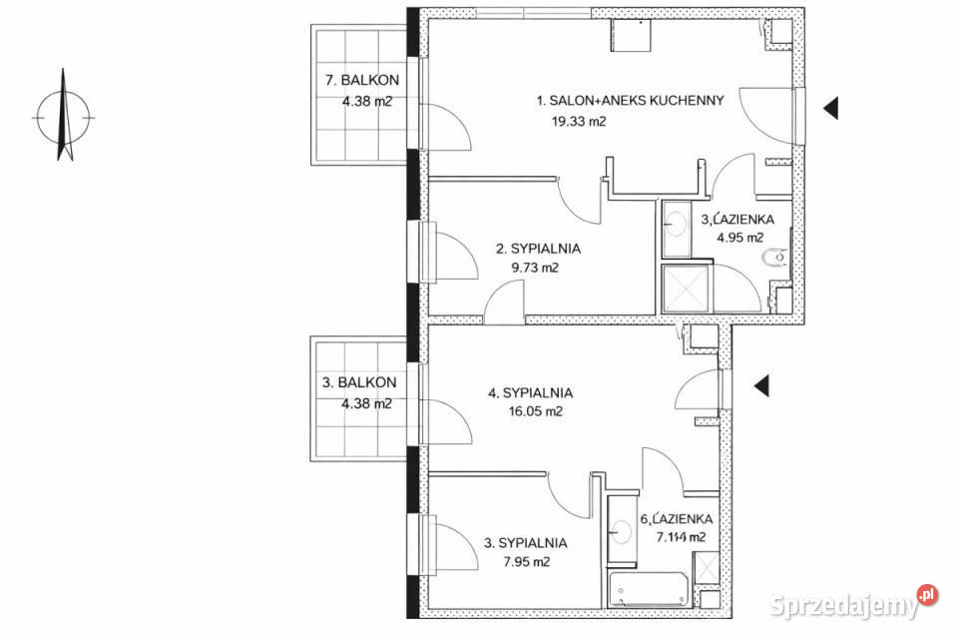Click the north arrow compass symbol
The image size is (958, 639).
click(64, 116)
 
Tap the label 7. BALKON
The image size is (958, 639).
click(360, 80)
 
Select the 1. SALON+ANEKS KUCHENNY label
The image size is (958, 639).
click(630, 101)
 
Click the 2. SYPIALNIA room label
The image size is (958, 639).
click(539, 249)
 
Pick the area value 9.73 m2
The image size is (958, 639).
click(534, 268)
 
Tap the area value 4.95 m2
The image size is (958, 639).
click(739, 238)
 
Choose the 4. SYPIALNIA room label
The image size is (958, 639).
click(530, 392)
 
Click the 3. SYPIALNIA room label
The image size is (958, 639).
click(526, 543)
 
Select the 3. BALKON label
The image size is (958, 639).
click(360, 382)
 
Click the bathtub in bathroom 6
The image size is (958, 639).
click(647, 592)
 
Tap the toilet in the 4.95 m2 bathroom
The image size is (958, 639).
click(771, 263)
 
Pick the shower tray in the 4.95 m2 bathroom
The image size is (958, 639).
click(685, 290)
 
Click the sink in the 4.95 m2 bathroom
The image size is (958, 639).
click(675, 222)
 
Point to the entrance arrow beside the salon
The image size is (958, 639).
click(829, 109)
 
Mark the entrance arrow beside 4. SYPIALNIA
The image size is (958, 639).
click(760, 383)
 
